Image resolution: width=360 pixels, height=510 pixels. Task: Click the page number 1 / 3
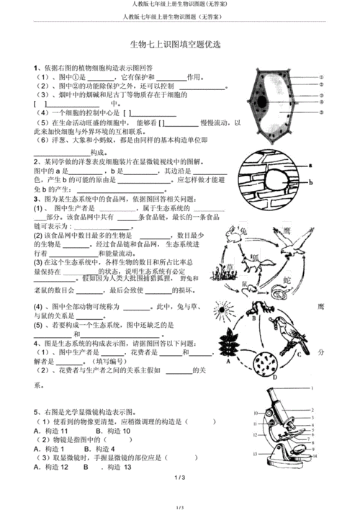[x=180, y=478]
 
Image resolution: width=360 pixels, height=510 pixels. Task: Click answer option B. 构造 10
[x=107, y=430]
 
